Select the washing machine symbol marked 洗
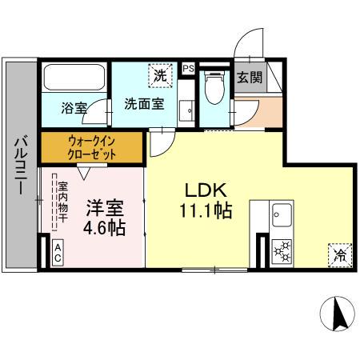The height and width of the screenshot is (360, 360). tap(161, 76)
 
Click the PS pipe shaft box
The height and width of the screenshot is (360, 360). tap(188, 68)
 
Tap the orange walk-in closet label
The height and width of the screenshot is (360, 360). tap(90, 148)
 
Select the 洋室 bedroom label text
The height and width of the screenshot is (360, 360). tap(105, 208)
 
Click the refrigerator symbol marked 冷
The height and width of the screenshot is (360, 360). tap(339, 256)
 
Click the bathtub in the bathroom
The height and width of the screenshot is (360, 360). tap(74, 78)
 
